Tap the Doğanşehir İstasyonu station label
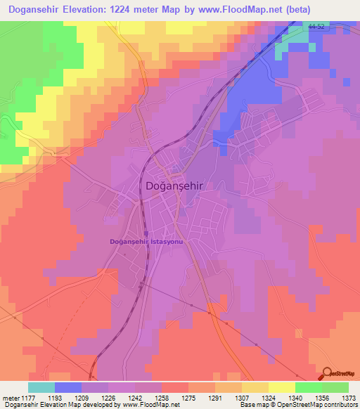(x=146, y=242)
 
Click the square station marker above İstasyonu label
(x=146, y=234)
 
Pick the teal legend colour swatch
(x=41, y=388)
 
